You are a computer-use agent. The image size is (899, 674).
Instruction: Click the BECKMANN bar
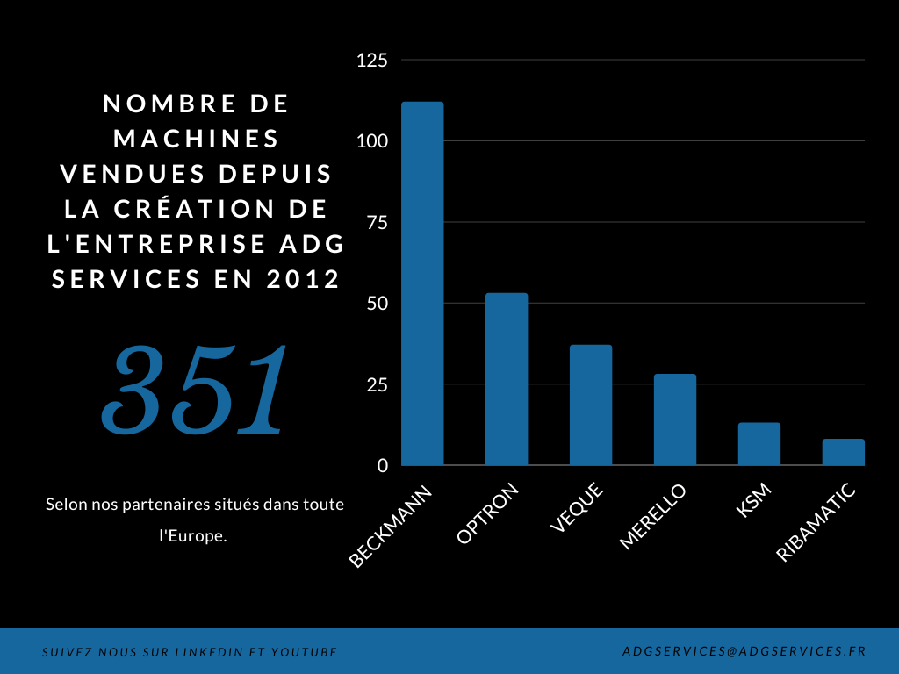pos(422,283)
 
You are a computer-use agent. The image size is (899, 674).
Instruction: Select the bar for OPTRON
pos(507,379)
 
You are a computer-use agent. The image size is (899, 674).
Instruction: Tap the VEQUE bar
pos(591,405)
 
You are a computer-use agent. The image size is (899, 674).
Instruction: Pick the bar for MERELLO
pos(675,419)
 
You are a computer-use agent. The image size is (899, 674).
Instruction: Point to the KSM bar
pos(759,444)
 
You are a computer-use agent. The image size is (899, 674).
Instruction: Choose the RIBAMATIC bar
pos(844,452)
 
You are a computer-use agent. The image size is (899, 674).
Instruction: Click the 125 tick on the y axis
pos(371,61)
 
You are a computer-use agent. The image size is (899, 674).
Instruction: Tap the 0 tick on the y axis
pos(383,466)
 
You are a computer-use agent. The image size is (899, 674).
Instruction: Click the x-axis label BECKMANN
pos(392,526)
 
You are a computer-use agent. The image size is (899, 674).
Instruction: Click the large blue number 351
pos(195,390)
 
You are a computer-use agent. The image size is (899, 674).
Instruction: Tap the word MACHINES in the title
pos(197,139)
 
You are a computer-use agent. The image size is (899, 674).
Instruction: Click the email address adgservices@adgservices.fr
pos(743,651)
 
